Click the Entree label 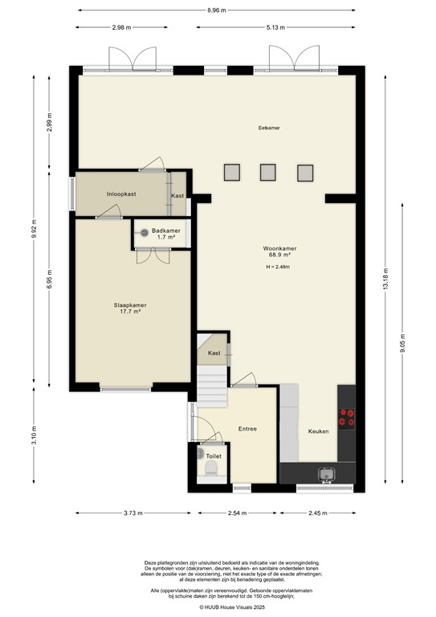click(x=247, y=428)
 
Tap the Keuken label click(x=318, y=431)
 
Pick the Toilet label click(x=213, y=456)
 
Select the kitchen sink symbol click(x=327, y=474)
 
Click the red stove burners click(x=348, y=417)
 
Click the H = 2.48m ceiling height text click(x=276, y=267)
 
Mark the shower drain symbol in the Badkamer click(x=145, y=233)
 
